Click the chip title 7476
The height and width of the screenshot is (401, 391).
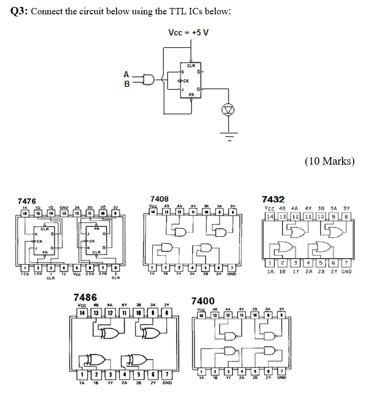tap(27, 201)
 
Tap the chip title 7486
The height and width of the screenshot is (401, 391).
tap(85, 297)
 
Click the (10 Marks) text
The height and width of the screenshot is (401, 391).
tap(329, 161)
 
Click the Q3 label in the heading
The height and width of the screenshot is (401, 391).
tap(19, 13)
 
